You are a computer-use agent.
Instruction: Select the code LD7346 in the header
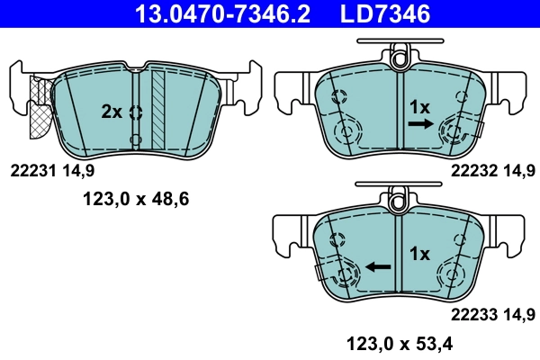pos(378,13)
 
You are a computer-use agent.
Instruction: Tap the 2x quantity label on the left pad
pos(112,112)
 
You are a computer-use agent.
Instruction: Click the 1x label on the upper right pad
pos(420,107)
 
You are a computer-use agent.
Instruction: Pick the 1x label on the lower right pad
pos(420,254)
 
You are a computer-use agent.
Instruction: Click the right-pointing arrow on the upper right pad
pos(418,127)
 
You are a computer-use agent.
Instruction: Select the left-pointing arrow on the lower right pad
pos(377,267)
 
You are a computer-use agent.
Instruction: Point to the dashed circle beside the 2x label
pos(136,112)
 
